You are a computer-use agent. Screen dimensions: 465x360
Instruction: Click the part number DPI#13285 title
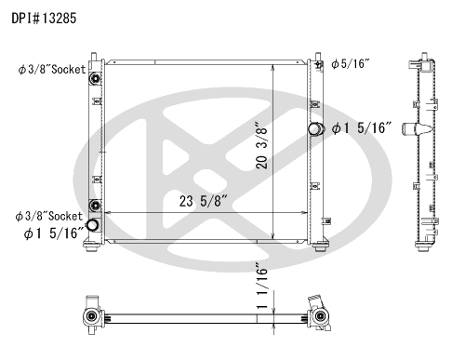44,19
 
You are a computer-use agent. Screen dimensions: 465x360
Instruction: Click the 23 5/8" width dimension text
204,201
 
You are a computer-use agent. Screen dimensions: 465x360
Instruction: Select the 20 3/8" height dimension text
261,145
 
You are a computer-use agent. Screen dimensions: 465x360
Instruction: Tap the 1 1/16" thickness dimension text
262,286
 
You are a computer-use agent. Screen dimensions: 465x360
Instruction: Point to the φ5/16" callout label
351,64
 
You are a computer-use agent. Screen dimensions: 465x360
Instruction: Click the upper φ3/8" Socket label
52,70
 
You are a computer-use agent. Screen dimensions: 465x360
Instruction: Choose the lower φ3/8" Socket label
49,216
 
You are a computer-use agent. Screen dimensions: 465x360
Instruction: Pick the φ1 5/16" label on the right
362,128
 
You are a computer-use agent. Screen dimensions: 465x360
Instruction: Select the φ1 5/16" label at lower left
54,233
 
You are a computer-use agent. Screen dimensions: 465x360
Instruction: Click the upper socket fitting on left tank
95,78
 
